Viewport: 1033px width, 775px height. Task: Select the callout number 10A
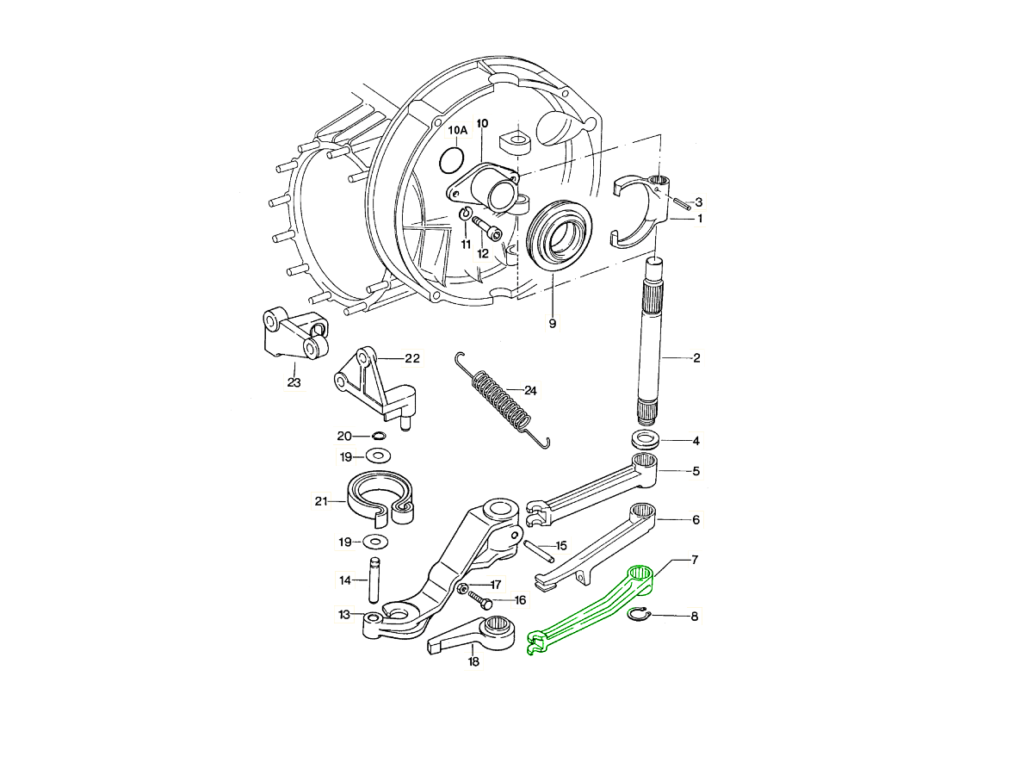pos(457,130)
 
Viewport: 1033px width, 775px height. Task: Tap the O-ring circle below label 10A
pos(451,159)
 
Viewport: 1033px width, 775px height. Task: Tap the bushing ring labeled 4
pos(648,439)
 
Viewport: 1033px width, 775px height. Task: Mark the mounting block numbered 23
pos(293,337)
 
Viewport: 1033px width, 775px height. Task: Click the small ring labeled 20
pos(379,437)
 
